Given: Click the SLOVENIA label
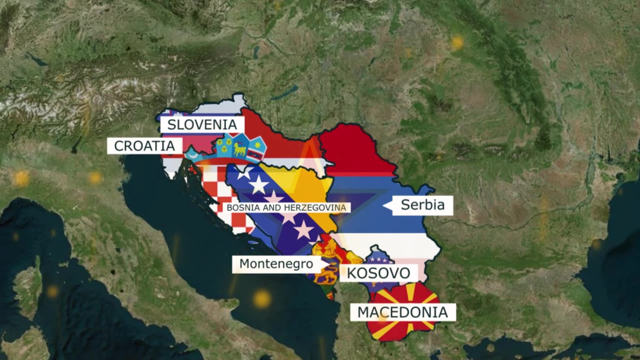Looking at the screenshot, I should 202,124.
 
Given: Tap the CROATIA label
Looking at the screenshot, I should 144,146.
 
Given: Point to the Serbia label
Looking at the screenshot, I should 422,205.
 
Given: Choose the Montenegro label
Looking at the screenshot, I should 276,264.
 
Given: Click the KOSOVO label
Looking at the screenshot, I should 378,273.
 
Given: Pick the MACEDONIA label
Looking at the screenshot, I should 402,312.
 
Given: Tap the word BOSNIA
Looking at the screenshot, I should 239,207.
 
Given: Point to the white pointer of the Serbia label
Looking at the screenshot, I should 387,205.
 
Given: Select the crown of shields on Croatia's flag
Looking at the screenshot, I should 240,145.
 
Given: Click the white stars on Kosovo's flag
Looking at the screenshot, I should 378,259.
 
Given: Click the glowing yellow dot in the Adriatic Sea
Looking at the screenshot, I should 261,298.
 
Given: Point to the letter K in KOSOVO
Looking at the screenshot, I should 351,273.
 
